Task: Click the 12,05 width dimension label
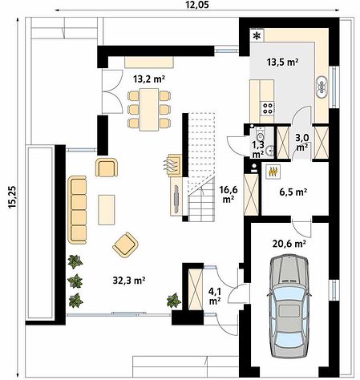tap(198, 5)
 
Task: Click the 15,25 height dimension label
tap(12, 196)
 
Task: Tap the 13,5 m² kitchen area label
tap(282, 62)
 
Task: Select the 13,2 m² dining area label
tap(149, 79)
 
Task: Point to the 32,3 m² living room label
tap(129, 281)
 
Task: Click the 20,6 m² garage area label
tap(289, 244)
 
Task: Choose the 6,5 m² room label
tap(293, 192)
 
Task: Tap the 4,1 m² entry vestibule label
tap(214, 296)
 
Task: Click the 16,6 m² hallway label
tap(229, 194)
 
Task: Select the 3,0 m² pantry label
tap(302, 142)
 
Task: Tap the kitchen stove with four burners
tap(268, 108)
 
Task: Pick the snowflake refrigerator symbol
tap(257, 35)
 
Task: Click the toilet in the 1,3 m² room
tap(260, 135)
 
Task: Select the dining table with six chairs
tap(149, 110)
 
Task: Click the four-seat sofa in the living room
tap(77, 210)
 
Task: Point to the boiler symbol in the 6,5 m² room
tap(273, 172)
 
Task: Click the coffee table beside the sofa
tap(107, 210)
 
